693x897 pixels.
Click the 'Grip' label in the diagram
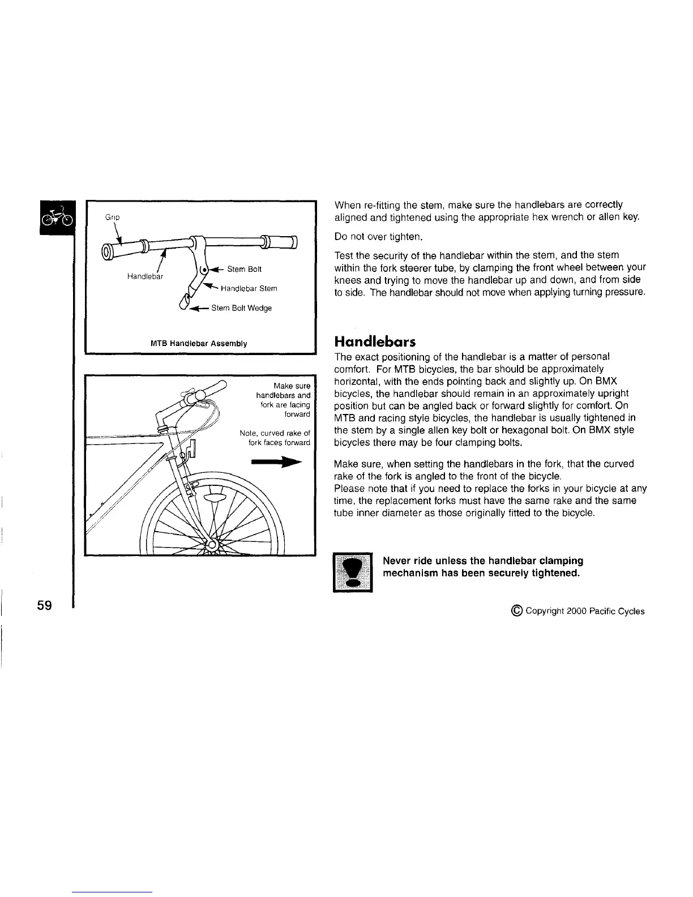112,217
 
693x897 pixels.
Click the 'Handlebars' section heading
375,342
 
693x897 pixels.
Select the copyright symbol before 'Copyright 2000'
516,610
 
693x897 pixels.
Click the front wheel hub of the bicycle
211,545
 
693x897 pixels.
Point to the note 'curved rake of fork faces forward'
275,438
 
